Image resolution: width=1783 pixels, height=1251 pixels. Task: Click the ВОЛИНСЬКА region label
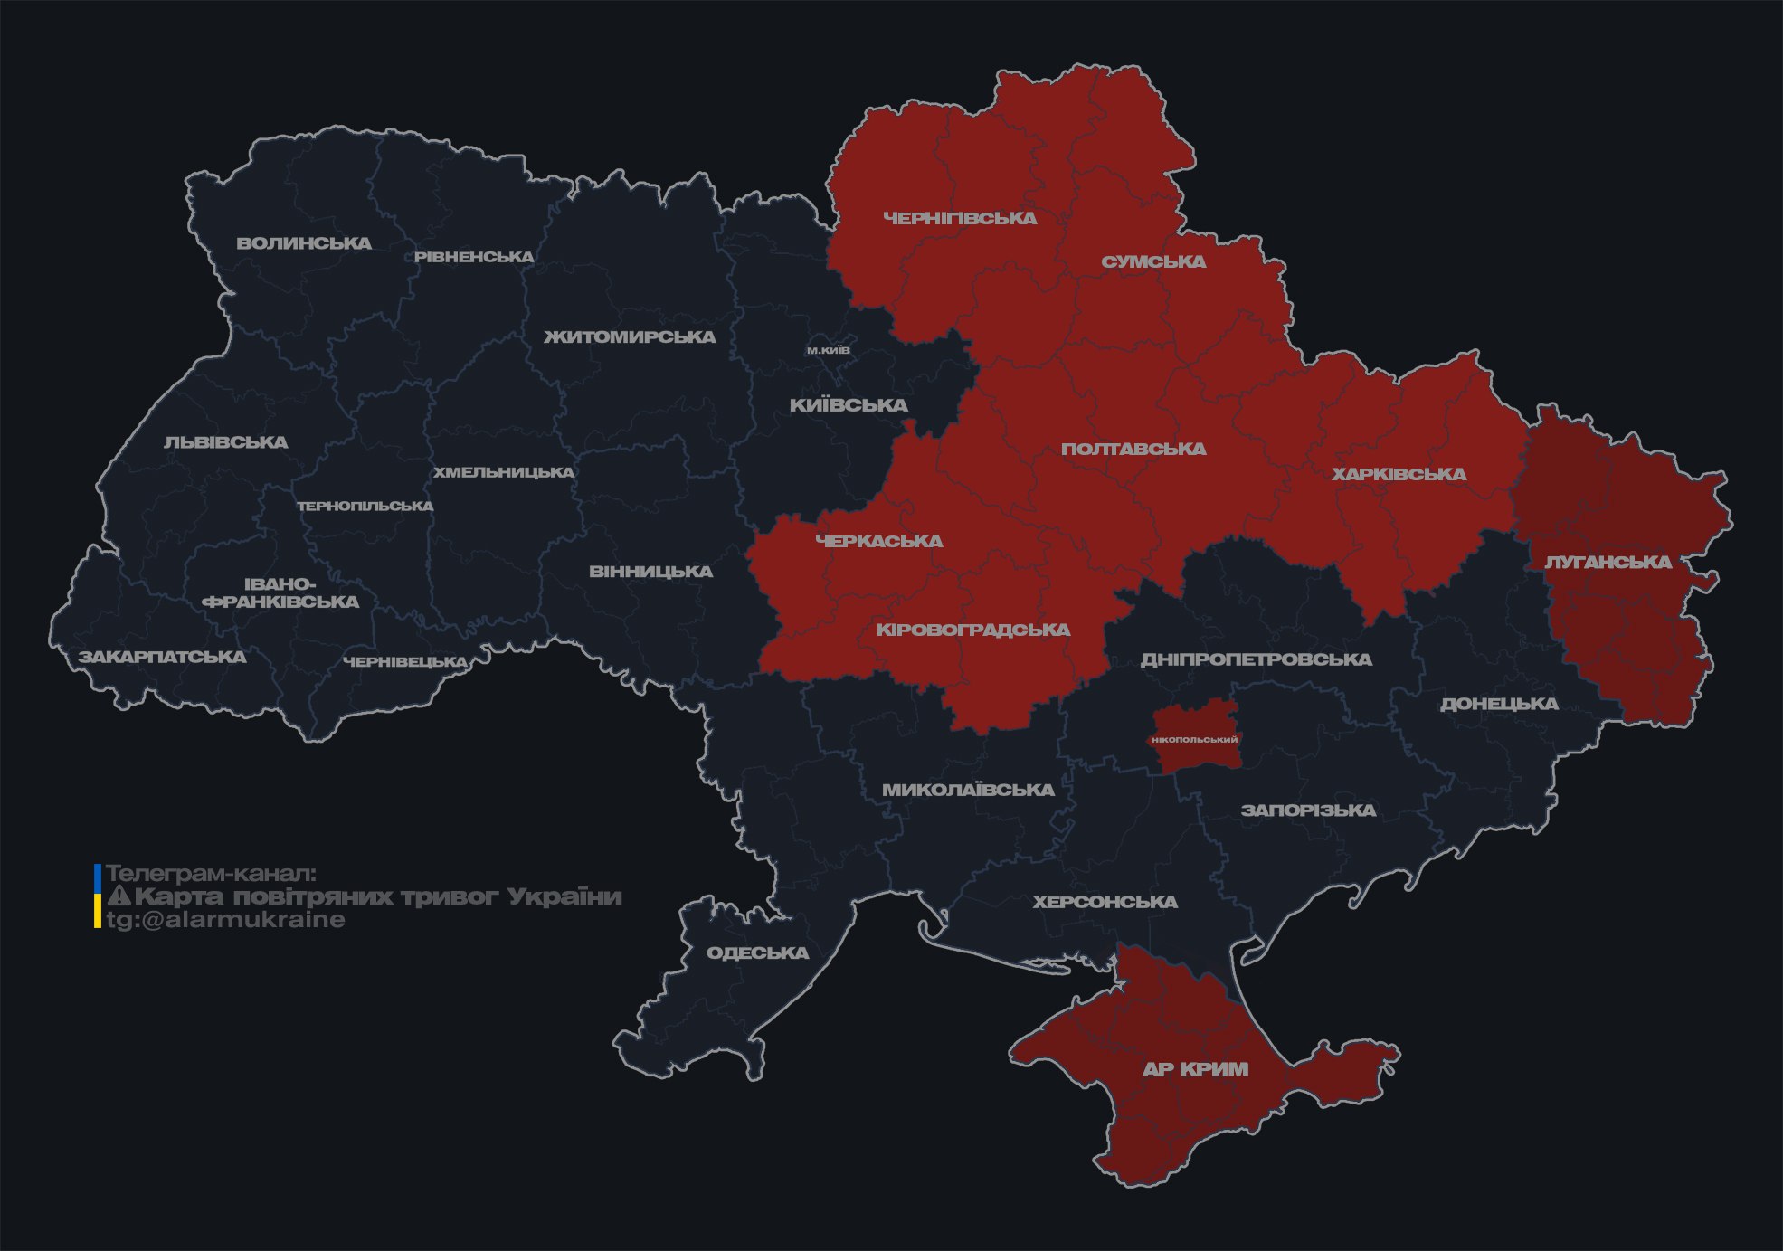[x=304, y=243]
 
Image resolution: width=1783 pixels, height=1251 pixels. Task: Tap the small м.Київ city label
[x=829, y=350]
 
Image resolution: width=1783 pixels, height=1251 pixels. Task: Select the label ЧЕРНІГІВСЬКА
[x=960, y=218]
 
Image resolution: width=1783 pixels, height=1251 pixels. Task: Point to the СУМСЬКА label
[x=1153, y=261]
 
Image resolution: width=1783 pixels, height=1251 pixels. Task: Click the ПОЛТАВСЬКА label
[x=1133, y=449]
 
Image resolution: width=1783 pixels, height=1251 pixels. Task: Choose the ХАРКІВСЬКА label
[x=1399, y=474]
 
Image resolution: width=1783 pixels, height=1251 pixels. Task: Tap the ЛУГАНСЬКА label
[x=1608, y=562]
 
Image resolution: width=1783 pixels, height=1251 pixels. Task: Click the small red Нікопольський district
[x=1194, y=739]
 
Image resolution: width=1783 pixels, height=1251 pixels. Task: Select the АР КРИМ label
[x=1195, y=1069]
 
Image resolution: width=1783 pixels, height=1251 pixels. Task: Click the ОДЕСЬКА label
[x=757, y=952]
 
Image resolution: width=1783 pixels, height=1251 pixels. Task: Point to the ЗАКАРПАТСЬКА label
[x=162, y=657]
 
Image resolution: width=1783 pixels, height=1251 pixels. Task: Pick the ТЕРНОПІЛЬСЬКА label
[x=365, y=507]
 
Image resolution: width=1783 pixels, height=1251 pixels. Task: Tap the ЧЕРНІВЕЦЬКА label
[x=405, y=662]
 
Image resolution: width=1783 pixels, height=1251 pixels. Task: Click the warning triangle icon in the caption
[x=119, y=896]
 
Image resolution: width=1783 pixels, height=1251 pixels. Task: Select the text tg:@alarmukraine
[x=225, y=920]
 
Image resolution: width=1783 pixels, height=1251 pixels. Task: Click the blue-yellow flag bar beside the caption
[x=98, y=896]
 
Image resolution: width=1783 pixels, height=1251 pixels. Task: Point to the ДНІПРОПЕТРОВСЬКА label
[x=1256, y=659]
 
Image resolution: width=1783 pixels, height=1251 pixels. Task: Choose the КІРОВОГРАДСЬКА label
[x=972, y=630]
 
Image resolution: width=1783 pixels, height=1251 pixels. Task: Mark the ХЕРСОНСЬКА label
[x=1105, y=902]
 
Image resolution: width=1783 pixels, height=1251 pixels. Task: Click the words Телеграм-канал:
[x=211, y=874]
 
